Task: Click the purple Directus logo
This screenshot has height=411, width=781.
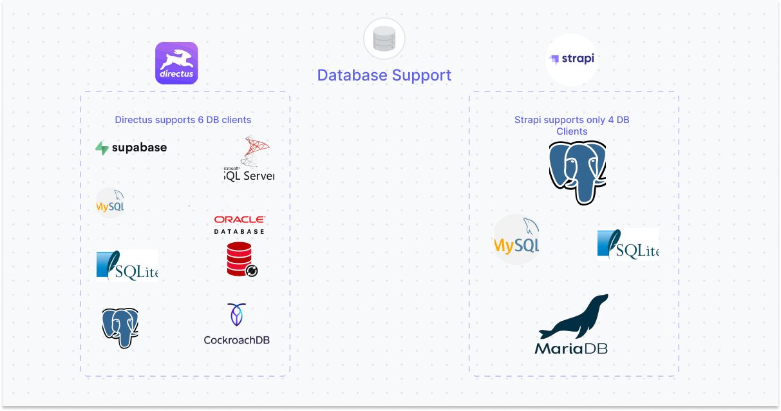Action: click(176, 63)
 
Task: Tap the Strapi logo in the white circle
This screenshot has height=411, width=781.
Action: click(571, 59)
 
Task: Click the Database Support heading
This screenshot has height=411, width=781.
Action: click(384, 75)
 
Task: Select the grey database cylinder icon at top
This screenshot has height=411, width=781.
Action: click(384, 39)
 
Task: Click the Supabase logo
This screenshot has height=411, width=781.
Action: click(131, 148)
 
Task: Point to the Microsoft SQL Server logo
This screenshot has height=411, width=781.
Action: click(249, 159)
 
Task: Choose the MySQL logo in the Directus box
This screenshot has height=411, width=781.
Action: click(110, 203)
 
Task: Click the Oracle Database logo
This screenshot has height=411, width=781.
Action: click(240, 224)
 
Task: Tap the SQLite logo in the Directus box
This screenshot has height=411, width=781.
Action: click(127, 265)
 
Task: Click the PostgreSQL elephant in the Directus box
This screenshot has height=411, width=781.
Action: click(120, 327)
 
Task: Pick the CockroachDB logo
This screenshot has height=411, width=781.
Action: click(236, 324)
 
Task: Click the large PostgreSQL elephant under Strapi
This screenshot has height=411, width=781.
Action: click(578, 171)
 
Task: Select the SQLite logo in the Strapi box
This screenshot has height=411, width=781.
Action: click(628, 244)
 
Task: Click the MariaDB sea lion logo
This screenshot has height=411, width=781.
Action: click(572, 325)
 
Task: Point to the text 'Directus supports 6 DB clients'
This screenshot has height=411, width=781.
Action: click(183, 120)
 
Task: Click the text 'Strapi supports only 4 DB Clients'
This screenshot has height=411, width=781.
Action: click(572, 126)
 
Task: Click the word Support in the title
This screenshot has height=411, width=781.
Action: click(419, 75)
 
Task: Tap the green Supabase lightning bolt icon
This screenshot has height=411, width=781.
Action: click(102, 148)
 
